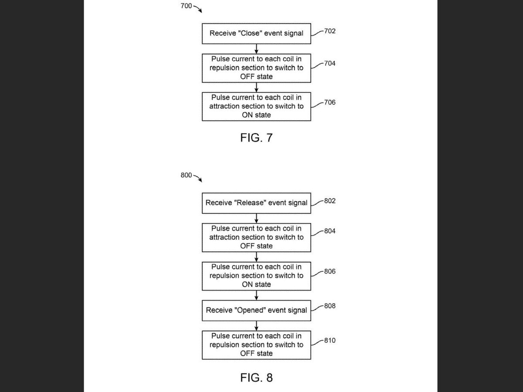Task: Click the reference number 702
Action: tap(330, 31)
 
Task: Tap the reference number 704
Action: tap(330, 63)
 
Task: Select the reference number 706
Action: tap(330, 102)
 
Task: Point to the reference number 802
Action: tap(330, 201)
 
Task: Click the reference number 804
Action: tap(330, 231)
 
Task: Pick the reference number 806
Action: tap(330, 271)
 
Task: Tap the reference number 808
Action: tap(330, 306)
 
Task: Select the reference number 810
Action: tap(330, 340)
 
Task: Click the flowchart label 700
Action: tap(186, 6)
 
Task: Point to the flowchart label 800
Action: tap(186, 175)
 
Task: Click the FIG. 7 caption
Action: tap(256, 138)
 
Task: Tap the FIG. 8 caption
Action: tap(256, 378)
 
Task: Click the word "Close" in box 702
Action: tap(250, 33)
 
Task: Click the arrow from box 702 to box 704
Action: tap(256, 49)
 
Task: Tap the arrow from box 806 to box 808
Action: tap(256, 295)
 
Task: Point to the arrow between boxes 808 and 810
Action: tap(256, 326)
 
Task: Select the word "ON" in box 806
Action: tap(247, 284)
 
